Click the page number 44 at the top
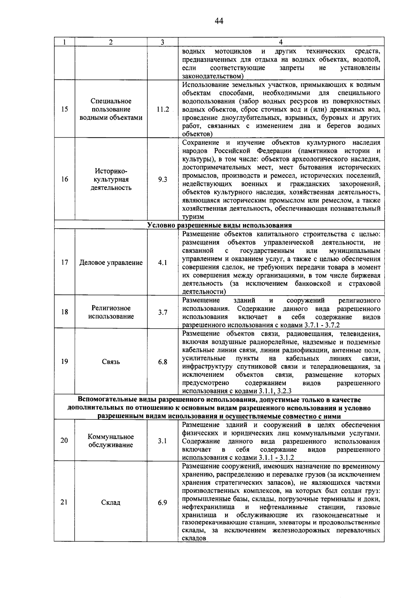[x=219, y=21]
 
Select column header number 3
[x=162, y=42]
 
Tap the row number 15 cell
[x=64, y=109]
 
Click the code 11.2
[x=162, y=109]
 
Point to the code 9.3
[x=162, y=179]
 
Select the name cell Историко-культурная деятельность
[x=111, y=179]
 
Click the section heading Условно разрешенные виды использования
[x=219, y=225]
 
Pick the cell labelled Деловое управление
[x=111, y=263]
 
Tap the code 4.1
[x=162, y=263]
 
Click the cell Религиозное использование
[x=111, y=312]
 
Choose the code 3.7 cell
[x=162, y=312]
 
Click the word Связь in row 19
[x=111, y=362]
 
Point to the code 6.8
[x=162, y=362]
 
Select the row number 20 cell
[x=64, y=440]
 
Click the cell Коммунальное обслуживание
[x=111, y=441]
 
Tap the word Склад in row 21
[x=111, y=503]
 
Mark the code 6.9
[x=162, y=502]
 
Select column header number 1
[x=64, y=42]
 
